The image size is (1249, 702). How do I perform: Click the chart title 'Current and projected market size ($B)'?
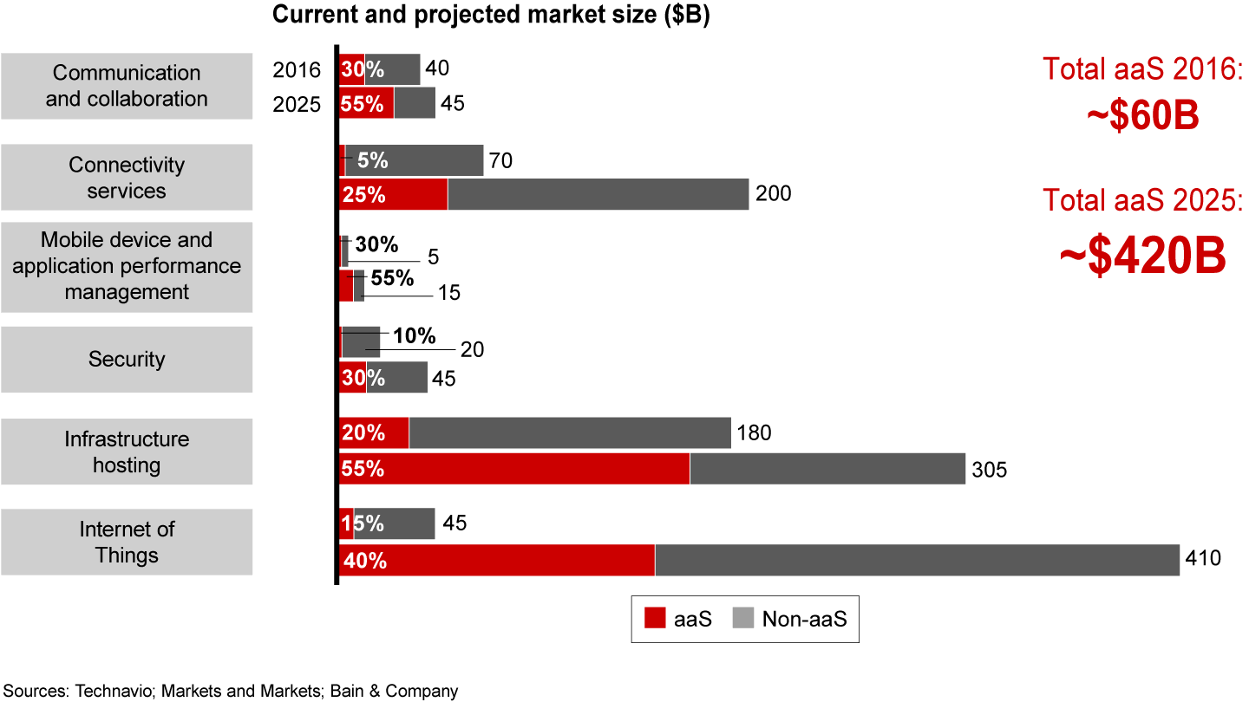click(491, 16)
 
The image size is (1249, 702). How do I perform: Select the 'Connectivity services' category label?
click(127, 178)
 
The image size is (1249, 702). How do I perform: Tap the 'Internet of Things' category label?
click(127, 542)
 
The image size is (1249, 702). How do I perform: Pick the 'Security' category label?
click(127, 359)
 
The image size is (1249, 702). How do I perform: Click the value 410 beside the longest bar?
click(1203, 558)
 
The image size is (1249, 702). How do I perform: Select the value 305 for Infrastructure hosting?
click(989, 470)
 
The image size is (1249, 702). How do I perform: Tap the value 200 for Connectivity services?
click(773, 193)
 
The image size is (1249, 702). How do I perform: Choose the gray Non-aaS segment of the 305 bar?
click(827, 469)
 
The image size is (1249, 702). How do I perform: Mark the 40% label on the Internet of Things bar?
click(365, 561)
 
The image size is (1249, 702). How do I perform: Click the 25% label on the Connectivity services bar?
click(364, 195)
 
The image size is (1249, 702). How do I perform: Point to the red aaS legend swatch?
click(653, 619)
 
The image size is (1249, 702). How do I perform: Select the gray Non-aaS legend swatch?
click(743, 619)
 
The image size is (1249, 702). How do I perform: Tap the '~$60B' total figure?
click(1142, 116)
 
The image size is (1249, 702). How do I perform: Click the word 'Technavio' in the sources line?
click(111, 691)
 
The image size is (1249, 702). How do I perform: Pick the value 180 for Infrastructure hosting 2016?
click(753, 432)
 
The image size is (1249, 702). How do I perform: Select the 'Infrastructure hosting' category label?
click(127, 452)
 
